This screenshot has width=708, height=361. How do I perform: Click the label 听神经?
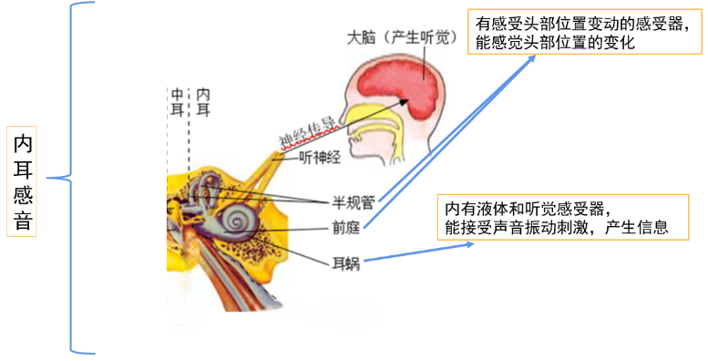[x=319, y=157]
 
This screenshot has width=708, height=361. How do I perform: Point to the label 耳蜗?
[x=346, y=263]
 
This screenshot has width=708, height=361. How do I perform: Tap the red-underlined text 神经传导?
[x=306, y=131]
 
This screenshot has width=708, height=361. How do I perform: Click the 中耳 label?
[x=177, y=102]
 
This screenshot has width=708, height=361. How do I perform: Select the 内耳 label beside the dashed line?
[x=203, y=102]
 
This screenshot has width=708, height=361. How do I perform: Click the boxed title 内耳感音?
[x=23, y=180]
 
